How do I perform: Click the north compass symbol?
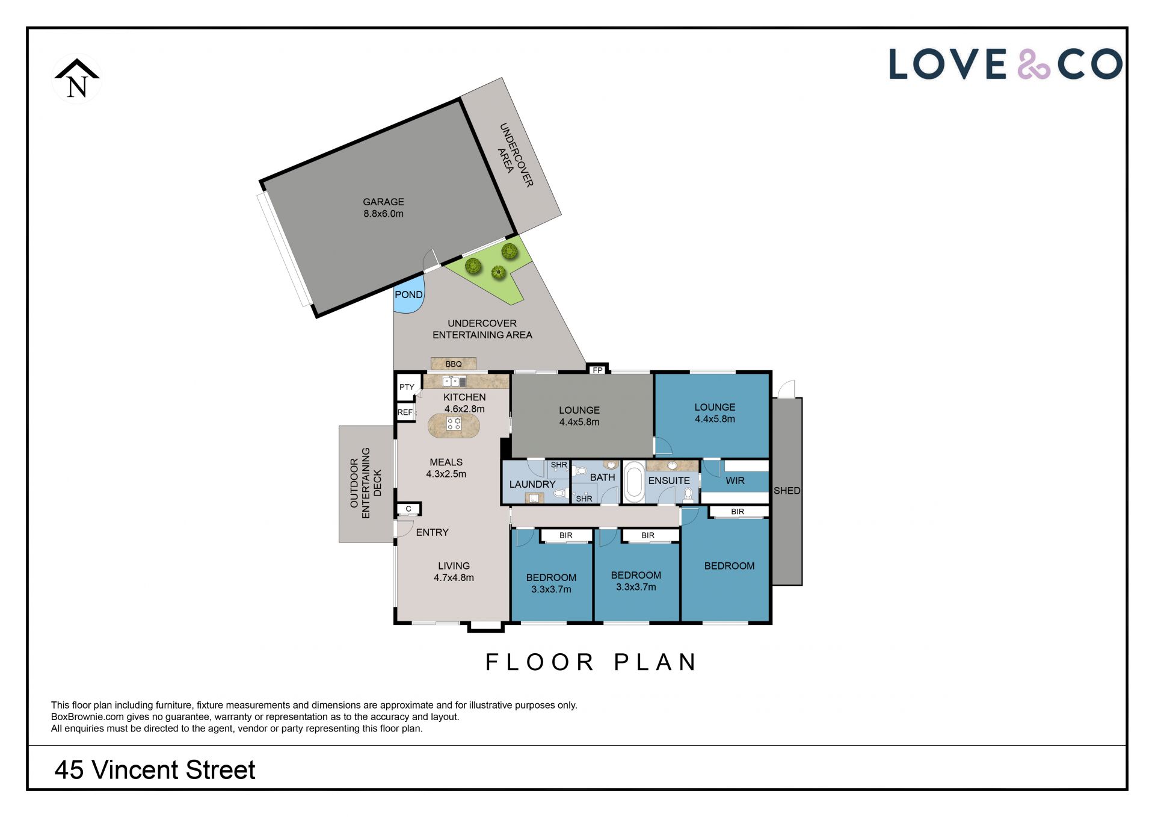(x=77, y=79)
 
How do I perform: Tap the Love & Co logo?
(x=1006, y=64)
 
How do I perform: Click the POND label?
(x=408, y=294)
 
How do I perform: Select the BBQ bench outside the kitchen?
(x=454, y=364)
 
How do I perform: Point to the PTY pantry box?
(x=407, y=387)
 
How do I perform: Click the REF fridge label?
(x=405, y=412)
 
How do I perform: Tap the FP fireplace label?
(x=597, y=370)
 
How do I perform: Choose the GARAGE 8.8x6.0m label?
(x=384, y=208)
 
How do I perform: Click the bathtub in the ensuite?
(x=633, y=482)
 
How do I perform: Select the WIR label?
(x=735, y=480)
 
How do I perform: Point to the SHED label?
(x=787, y=491)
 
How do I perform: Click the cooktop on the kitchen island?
(x=454, y=423)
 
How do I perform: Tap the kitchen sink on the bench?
(x=454, y=381)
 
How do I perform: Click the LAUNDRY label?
(x=532, y=484)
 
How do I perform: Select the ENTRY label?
(x=432, y=532)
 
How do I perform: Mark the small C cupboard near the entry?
(x=408, y=509)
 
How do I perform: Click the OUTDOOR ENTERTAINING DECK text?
(x=366, y=483)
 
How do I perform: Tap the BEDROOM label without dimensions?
(x=729, y=566)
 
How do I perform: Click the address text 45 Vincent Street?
(x=155, y=770)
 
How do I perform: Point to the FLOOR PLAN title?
(x=591, y=662)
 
